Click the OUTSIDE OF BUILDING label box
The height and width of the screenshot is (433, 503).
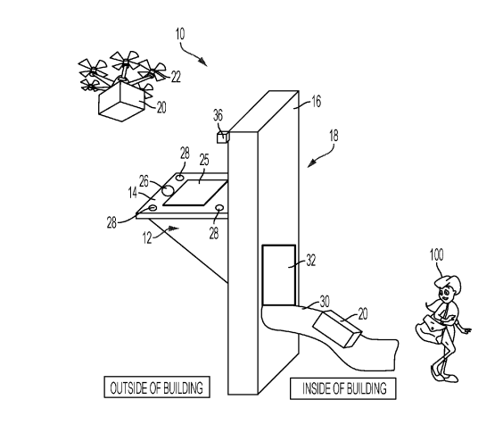157,387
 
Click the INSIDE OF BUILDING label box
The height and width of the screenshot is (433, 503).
343,388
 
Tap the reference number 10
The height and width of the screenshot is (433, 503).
180,34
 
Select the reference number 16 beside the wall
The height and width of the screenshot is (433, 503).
316,102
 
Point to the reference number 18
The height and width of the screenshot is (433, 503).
334,136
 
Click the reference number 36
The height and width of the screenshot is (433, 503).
218,115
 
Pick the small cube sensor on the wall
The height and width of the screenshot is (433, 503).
223,137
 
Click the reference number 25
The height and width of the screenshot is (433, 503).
204,160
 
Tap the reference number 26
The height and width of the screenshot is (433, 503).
144,181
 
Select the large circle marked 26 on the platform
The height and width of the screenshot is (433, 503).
168,190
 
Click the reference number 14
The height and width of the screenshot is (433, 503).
133,193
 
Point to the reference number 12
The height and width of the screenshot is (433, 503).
147,238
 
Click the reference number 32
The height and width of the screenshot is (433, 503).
311,260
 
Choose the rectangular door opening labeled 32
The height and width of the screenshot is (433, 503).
279,275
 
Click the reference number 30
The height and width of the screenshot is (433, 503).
325,302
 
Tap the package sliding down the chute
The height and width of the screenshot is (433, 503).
337,329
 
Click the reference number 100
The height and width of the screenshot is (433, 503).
436,255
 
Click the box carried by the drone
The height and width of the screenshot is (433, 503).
121,101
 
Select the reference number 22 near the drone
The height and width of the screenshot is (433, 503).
176,77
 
